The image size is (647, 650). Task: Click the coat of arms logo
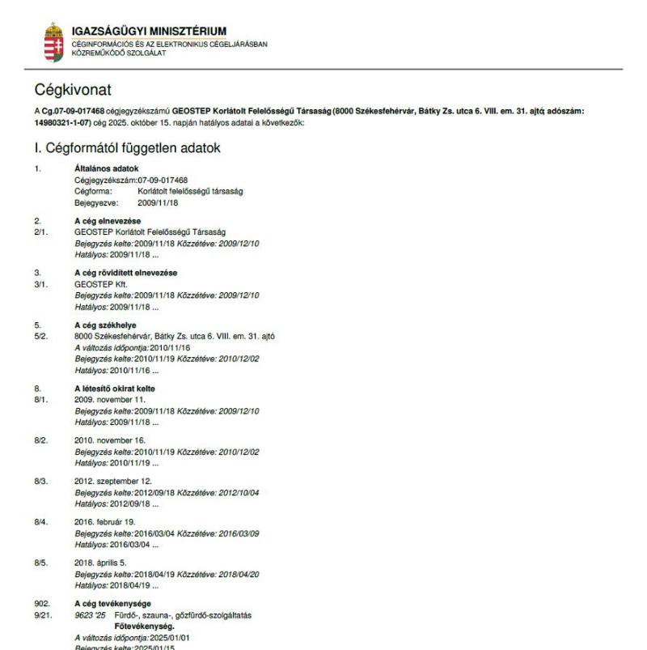(x=56, y=38)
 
